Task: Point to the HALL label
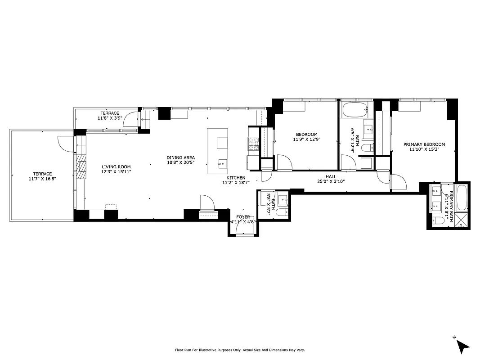click(x=331, y=177)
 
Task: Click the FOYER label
click(x=242, y=217)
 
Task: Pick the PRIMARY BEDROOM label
click(x=424, y=144)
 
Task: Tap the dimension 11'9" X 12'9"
click(x=306, y=139)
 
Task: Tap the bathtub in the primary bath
click(x=462, y=198)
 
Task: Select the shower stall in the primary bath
click(x=462, y=220)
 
